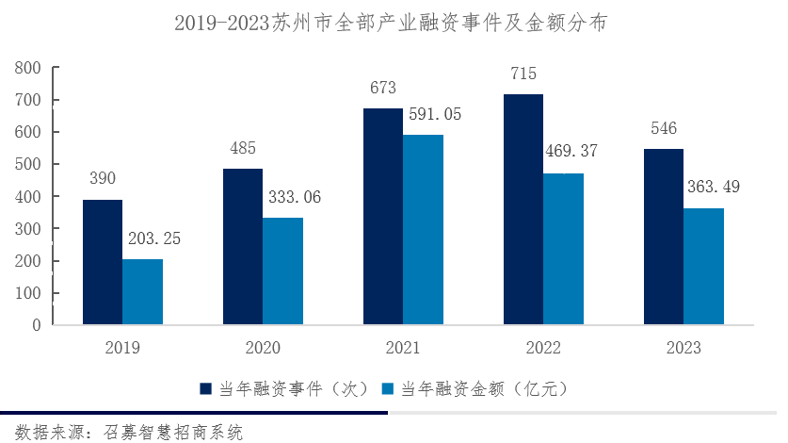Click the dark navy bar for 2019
103,262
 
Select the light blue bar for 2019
142,292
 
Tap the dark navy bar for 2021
383,217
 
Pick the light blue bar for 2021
423,230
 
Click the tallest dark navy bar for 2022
523,209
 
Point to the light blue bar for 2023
703,267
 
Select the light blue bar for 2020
282,271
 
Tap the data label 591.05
435,114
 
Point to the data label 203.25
154,238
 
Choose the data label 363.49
714,187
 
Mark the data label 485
242,148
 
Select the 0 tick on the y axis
37,325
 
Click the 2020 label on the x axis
263,349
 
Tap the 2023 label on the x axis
683,349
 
